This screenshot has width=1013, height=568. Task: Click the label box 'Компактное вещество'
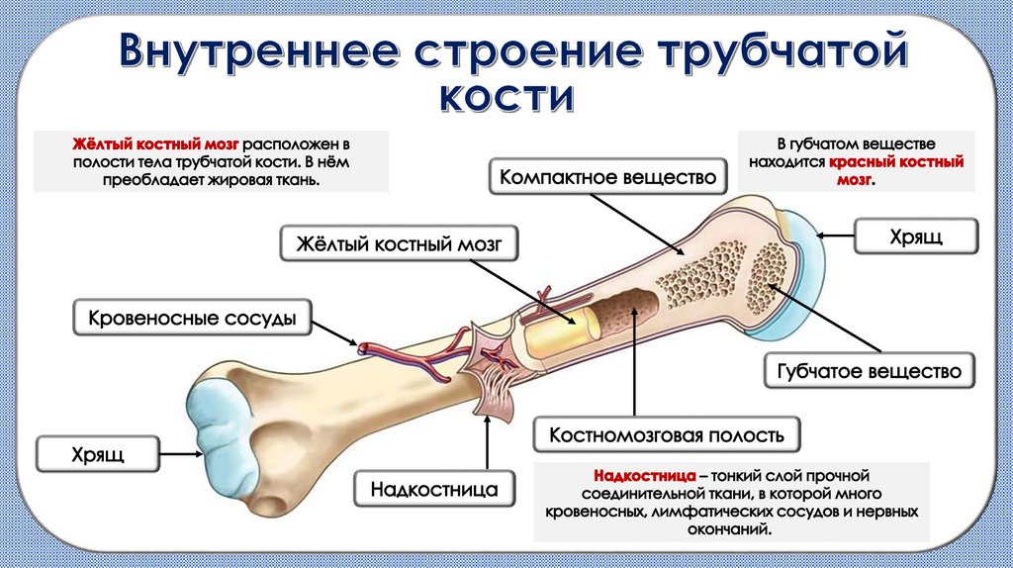coord(607,178)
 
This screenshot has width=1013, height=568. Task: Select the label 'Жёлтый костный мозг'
coord(400,243)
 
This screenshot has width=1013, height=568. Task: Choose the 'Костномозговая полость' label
coord(667,434)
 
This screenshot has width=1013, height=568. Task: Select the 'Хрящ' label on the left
coord(97,455)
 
